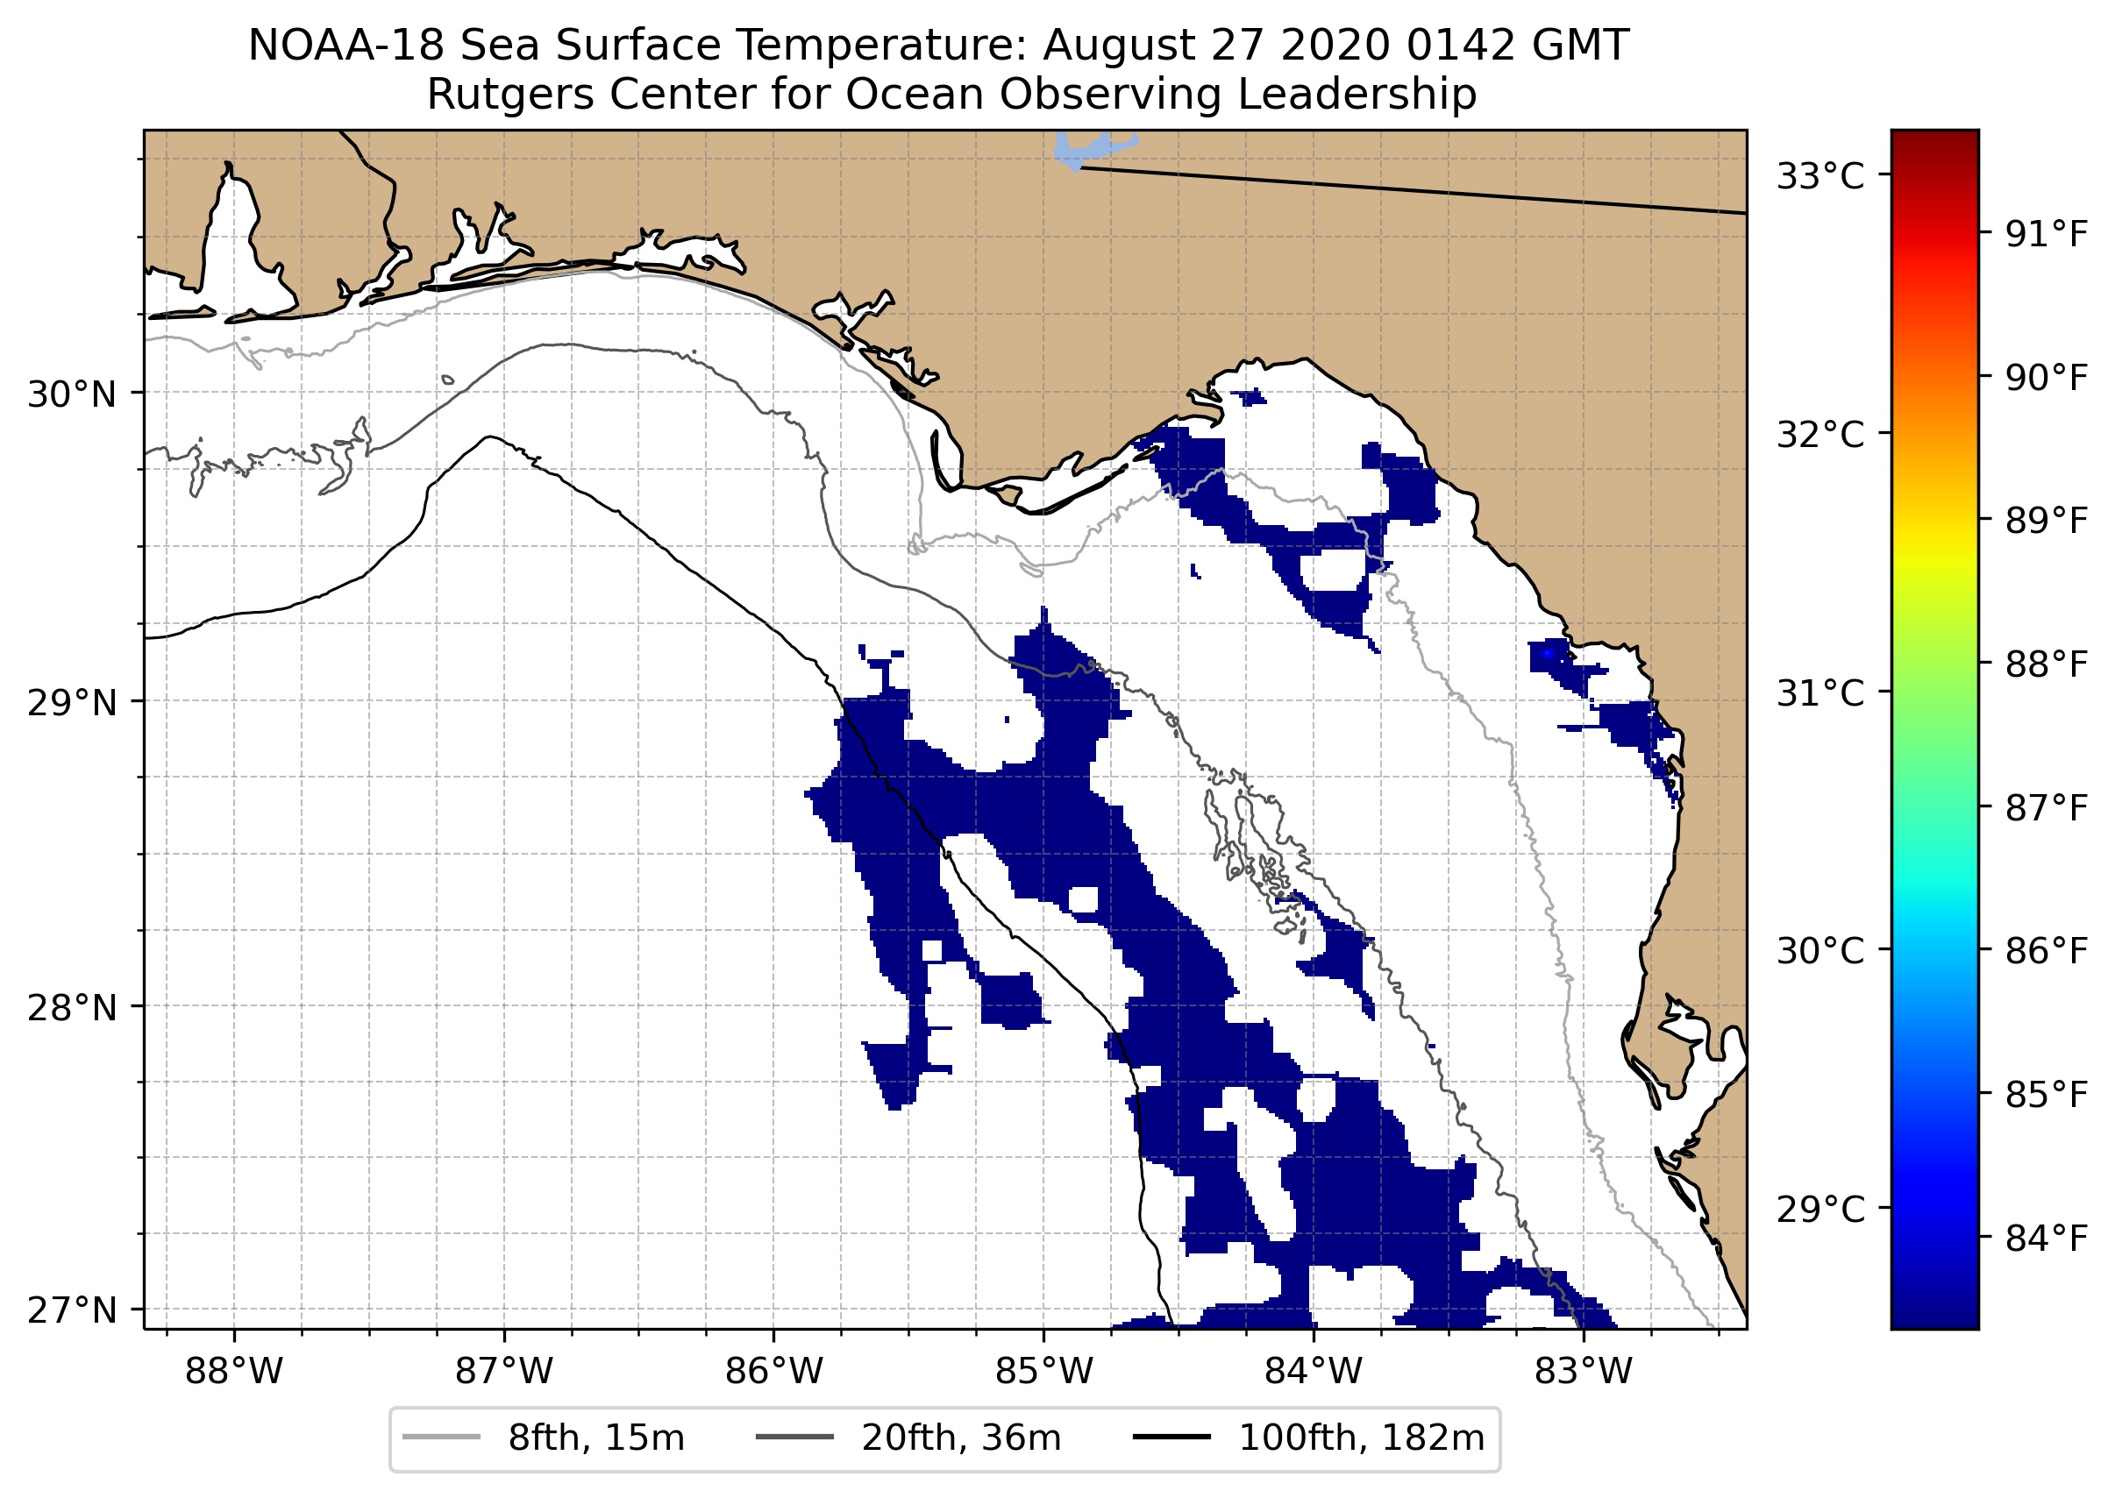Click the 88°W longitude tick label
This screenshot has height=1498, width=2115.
pyautogui.click(x=233, y=1372)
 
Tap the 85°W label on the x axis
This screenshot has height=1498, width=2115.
pyautogui.click(x=1043, y=1372)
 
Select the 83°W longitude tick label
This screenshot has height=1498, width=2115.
pyautogui.click(x=1584, y=1372)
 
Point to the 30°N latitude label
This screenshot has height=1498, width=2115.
pyautogui.click(x=72, y=394)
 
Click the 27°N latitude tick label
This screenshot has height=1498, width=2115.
pyautogui.click(x=72, y=1310)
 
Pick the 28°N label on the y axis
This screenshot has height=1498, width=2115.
pyautogui.click(x=72, y=1008)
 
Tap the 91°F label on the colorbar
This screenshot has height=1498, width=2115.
pyautogui.click(x=2046, y=235)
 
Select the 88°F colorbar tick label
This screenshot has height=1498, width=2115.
pyautogui.click(x=2046, y=664)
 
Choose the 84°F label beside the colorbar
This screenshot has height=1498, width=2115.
pyautogui.click(x=2046, y=1239)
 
